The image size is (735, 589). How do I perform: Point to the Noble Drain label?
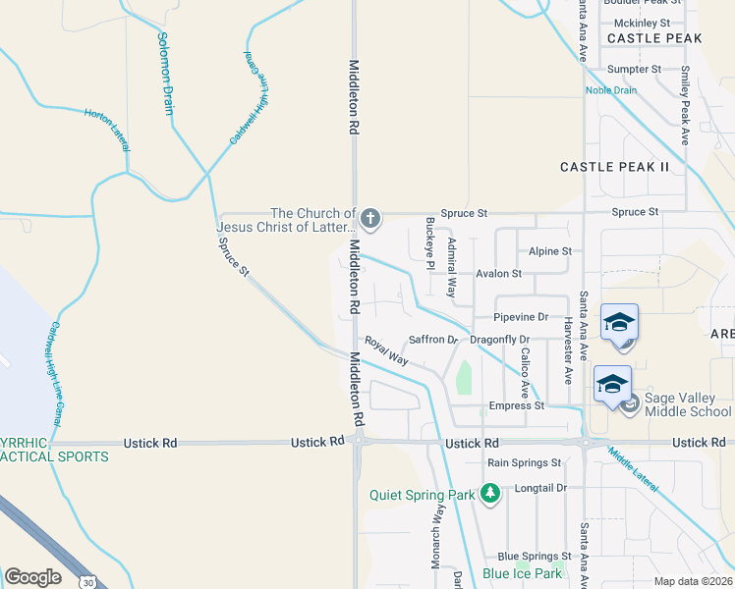[611, 90]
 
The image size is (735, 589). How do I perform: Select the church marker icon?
[369, 217]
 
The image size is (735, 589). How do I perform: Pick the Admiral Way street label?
[452, 267]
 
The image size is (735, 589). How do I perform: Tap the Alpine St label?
[549, 251]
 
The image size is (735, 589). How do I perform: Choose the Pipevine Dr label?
[521, 317]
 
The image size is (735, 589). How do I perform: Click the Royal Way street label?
[386, 351]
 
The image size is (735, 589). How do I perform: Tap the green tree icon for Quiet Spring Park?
[488, 495]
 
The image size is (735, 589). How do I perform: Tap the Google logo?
[32, 577]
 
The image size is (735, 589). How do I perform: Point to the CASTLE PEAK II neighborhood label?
[614, 167]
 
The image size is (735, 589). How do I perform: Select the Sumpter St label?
[634, 70]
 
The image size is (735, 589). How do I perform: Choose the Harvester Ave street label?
[568, 349]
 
